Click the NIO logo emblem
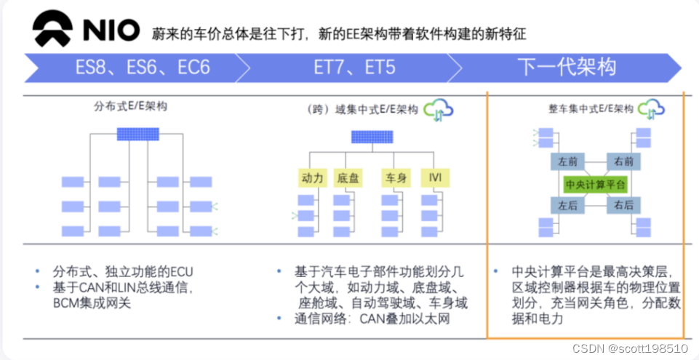tap(53, 30)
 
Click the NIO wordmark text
tap(110, 31)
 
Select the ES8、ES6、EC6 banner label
tap(143, 68)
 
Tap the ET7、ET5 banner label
tap(354, 68)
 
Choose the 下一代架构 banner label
tap(567, 68)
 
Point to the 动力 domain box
tap(312, 177)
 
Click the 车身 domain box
tap(394, 177)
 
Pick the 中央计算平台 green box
tap(596, 184)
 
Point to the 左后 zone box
tap(567, 206)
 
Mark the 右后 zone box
tap(623, 206)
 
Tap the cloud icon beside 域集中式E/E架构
tap(439, 109)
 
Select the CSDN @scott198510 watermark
tap(629, 348)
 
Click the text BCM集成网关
tap(93, 303)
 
